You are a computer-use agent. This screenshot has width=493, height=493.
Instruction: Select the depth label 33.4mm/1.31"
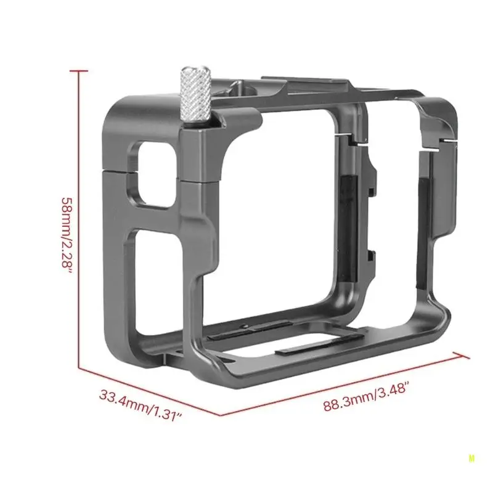[141, 405]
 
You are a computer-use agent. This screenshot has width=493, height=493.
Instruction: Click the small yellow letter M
[471, 458]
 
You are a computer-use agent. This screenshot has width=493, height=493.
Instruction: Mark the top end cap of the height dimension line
[79, 71]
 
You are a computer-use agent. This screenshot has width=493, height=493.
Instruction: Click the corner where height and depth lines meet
[79, 367]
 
